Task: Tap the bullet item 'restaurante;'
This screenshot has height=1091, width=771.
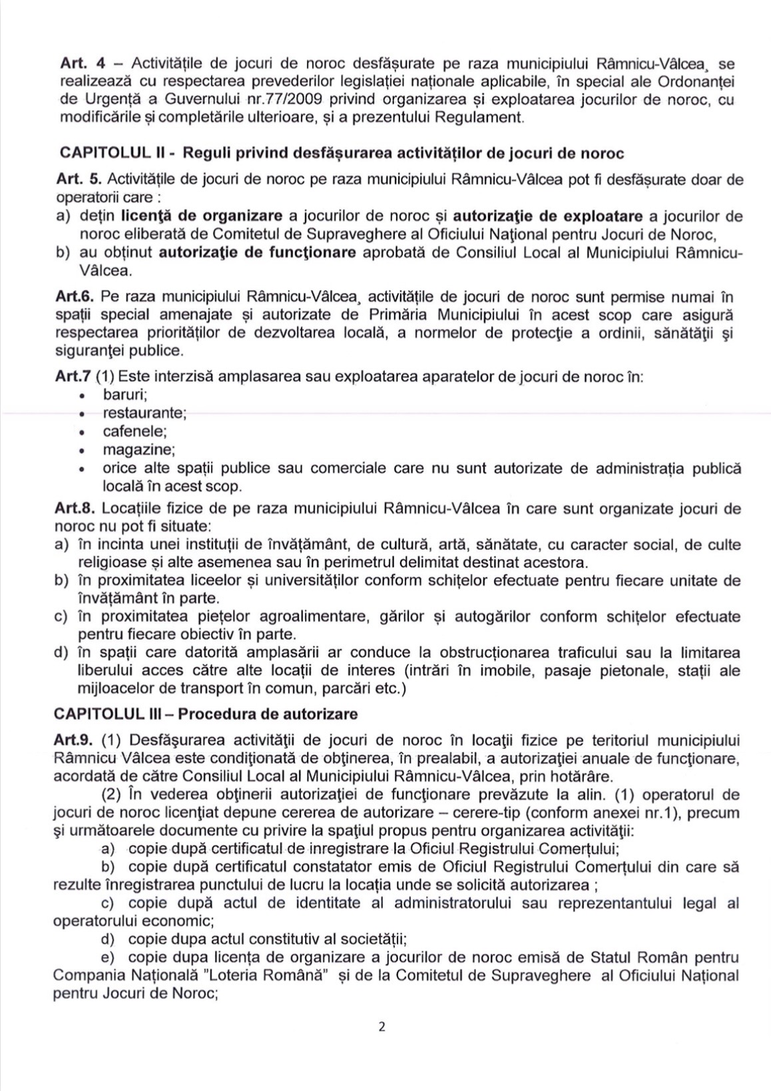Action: point(144,413)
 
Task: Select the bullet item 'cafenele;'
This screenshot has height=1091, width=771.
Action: point(134,431)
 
